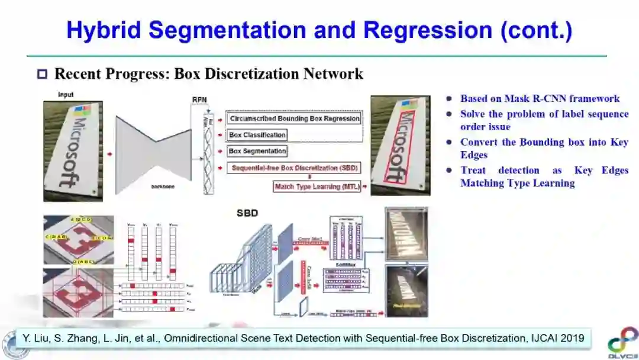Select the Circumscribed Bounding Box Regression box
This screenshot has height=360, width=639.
click(294, 118)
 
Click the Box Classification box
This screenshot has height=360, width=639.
click(257, 135)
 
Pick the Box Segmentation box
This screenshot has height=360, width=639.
click(257, 152)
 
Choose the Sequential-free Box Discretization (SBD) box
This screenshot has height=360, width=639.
click(294, 168)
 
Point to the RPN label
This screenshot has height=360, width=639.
click(200, 100)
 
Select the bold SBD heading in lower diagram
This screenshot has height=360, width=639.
click(247, 213)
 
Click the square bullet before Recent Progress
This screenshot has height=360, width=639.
click(42, 75)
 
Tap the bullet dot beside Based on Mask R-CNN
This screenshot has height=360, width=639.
click(450, 99)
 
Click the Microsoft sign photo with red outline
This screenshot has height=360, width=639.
click(400, 146)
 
